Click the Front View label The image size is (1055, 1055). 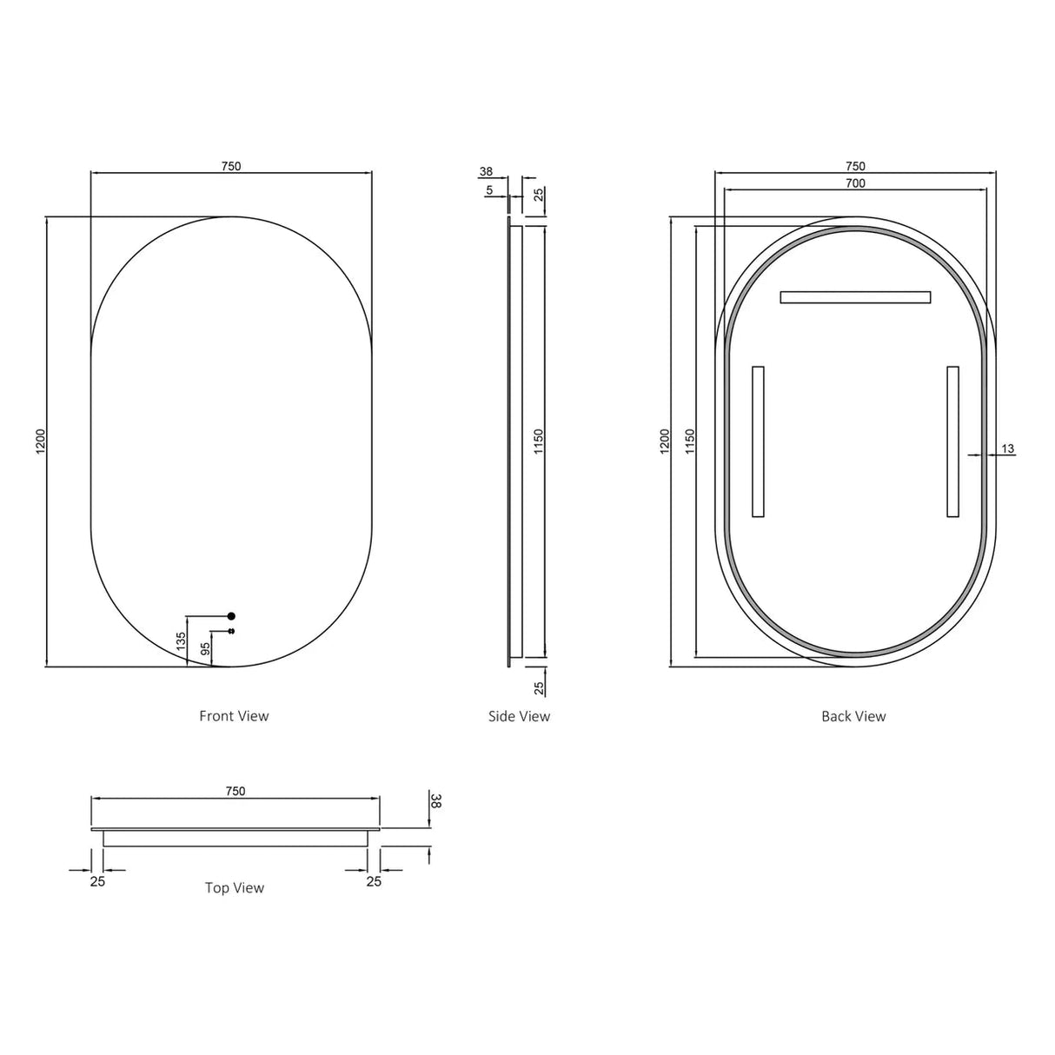[234, 716]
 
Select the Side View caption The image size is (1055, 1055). [519, 716]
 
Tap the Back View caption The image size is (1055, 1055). [853, 716]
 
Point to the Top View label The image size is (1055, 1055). [234, 887]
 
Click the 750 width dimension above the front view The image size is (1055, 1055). [231, 166]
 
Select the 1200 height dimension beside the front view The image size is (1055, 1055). [40, 441]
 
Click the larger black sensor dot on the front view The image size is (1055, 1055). [231, 616]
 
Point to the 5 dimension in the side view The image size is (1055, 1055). [489, 189]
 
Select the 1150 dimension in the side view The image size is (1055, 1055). [539, 441]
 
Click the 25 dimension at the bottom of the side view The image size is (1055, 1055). [539, 687]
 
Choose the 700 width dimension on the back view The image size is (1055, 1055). [855, 183]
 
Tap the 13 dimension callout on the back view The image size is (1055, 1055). [1007, 448]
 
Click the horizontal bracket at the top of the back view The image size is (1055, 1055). [855, 297]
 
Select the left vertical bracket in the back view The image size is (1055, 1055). [758, 441]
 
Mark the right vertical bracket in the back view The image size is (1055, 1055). [952, 441]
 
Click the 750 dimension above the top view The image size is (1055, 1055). [236, 791]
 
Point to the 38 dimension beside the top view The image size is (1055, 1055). [436, 800]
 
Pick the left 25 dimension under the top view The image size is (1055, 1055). [97, 881]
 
